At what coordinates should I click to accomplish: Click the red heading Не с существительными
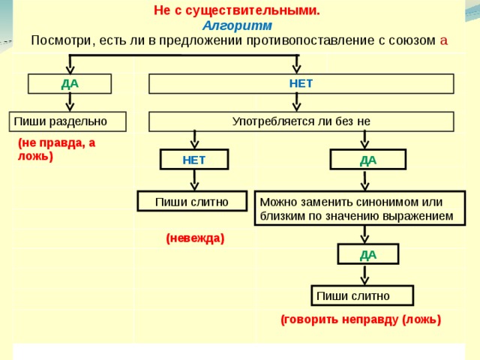[236, 10]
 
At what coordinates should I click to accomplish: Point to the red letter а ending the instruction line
[444, 40]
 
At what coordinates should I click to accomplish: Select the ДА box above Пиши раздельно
[70, 83]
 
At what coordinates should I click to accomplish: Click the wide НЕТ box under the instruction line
[301, 83]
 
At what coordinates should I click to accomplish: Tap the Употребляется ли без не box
[301, 121]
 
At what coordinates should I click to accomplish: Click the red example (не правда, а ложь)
[57, 149]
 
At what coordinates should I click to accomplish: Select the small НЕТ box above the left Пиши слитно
[194, 160]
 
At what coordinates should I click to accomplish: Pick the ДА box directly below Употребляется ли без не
[367, 160]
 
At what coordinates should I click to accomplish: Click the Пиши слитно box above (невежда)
[192, 201]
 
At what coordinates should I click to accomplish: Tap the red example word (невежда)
[195, 238]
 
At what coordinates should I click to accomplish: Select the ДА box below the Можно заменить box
[367, 254]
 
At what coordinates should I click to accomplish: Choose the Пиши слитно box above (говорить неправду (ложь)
[363, 295]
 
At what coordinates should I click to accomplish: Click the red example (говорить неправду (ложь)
[361, 319]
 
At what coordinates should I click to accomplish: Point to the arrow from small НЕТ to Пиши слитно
[194, 180]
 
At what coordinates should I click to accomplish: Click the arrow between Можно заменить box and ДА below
[364, 235]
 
